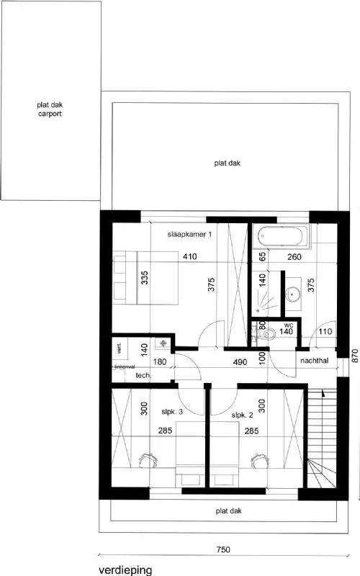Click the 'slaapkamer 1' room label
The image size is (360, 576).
[x=190, y=235]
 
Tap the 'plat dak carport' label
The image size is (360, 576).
[x=50, y=109]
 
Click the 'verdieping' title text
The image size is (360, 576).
[x=126, y=570]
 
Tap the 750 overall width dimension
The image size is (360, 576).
[x=222, y=549]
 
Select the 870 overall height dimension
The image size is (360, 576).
[x=353, y=354]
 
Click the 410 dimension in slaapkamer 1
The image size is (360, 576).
[x=189, y=256]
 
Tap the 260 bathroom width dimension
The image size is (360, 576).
[x=294, y=256]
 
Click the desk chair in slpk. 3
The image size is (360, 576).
[x=150, y=458]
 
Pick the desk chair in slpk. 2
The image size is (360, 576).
[x=257, y=458]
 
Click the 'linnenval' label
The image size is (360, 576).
[x=125, y=366]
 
